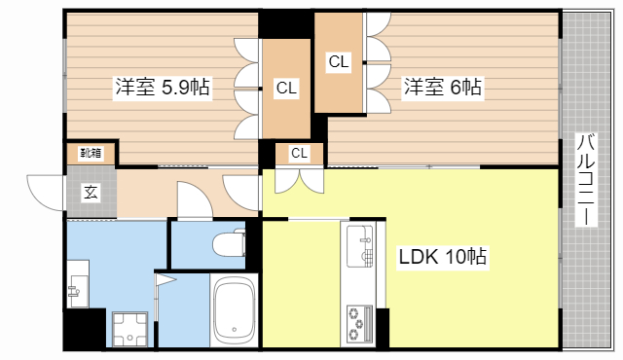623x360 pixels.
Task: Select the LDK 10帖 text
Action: [x=443, y=258]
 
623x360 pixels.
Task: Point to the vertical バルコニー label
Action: [x=585, y=180]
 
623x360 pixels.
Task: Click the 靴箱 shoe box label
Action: [x=91, y=153]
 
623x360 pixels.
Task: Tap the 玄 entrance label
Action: [x=90, y=192]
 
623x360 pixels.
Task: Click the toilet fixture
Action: [x=229, y=243]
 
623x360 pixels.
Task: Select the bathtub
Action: [x=233, y=309]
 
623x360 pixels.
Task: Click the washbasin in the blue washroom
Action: [x=78, y=287]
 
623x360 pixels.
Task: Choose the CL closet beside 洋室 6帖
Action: [x=338, y=62]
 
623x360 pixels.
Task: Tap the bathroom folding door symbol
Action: [x=165, y=283]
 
